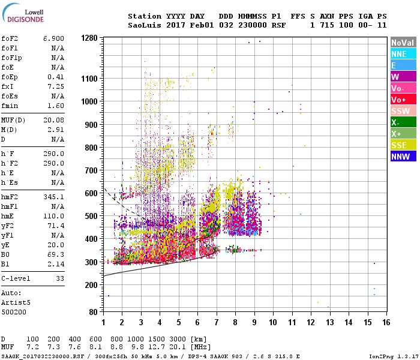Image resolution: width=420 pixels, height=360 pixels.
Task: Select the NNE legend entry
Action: (x=400, y=54)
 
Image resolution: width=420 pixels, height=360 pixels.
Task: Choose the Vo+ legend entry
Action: (x=400, y=100)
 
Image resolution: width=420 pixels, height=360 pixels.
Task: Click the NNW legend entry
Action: (x=400, y=157)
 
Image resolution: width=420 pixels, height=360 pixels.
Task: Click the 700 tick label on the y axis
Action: (x=91, y=170)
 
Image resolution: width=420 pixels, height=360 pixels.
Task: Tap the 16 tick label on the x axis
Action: (x=386, y=322)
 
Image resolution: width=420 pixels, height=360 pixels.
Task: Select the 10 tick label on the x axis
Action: (x=273, y=322)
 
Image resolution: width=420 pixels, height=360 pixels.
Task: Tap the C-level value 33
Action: (x=60, y=279)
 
